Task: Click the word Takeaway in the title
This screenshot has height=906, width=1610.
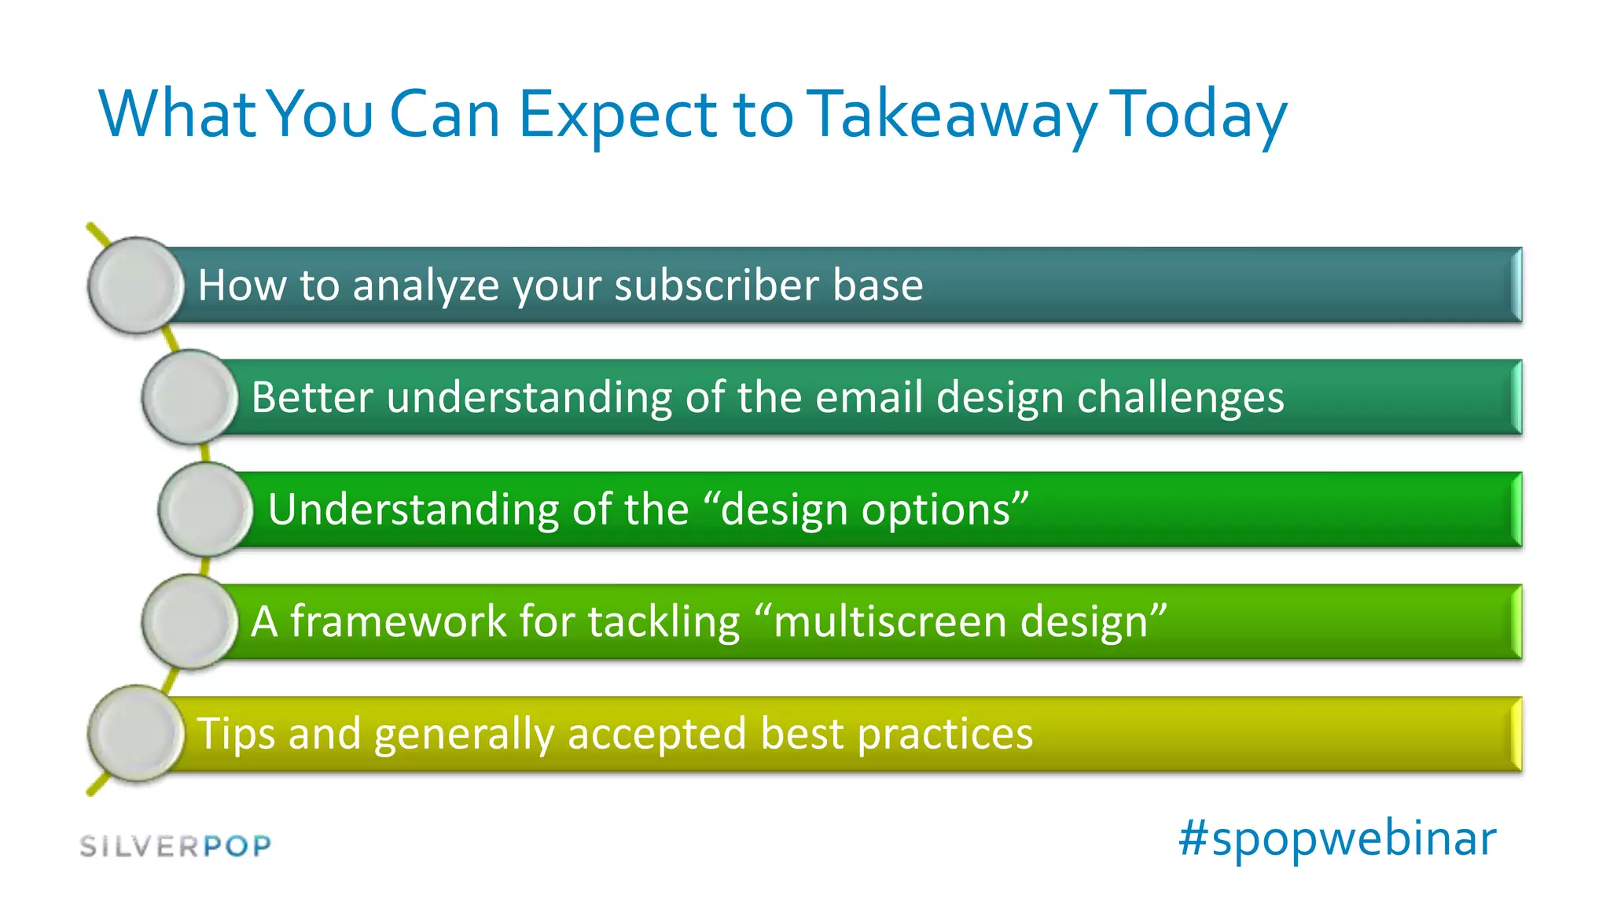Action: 952,116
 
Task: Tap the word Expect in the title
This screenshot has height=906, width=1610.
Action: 616,116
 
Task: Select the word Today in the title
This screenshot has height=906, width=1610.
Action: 1200,116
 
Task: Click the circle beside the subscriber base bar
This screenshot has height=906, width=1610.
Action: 136,285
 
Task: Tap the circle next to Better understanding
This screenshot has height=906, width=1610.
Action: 189,397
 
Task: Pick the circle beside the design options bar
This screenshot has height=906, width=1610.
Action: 206,509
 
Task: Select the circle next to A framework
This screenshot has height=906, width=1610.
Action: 189,621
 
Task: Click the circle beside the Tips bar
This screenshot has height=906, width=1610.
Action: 136,733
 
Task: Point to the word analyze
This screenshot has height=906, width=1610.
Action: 425,286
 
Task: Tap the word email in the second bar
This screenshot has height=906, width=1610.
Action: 868,397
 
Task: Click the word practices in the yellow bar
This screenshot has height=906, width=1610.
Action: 944,735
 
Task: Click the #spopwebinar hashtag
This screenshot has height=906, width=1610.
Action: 1336,838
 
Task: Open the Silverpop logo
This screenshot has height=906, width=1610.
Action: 176,846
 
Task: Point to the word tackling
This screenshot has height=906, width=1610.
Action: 663,621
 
